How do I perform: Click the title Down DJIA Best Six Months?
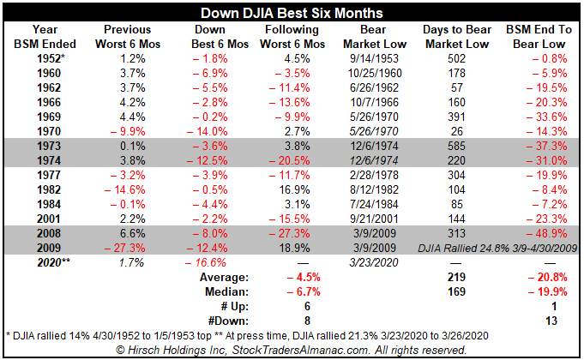tap(292, 13)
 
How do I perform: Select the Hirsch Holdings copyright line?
tap(292, 349)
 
